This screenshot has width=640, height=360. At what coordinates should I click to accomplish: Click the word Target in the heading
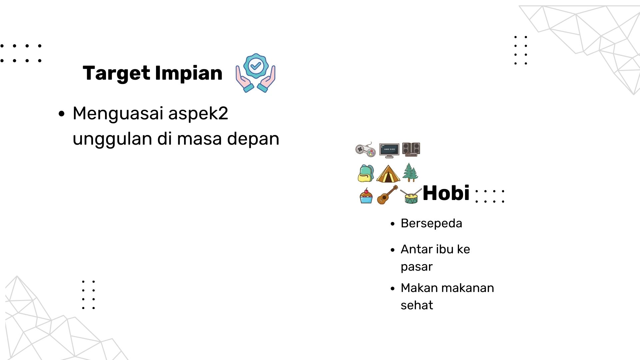[116, 74]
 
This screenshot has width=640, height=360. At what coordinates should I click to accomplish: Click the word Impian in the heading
[189, 73]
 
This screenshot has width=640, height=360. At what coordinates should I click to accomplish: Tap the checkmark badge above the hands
[256, 66]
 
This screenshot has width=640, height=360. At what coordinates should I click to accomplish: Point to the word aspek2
[198, 114]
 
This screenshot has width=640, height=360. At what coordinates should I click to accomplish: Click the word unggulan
[112, 139]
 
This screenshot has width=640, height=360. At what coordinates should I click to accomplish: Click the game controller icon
[366, 150]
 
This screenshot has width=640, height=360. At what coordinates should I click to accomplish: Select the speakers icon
[411, 149]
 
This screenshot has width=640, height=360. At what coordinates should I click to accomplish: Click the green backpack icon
[366, 173]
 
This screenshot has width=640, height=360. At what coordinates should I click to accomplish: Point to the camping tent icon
[388, 174]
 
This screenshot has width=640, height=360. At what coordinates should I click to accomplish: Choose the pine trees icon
[410, 172]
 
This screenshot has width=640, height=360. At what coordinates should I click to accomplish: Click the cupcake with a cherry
[366, 196]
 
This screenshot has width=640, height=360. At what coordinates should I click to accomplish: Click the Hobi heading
[446, 193]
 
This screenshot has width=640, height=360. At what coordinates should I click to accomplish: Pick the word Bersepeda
[431, 223]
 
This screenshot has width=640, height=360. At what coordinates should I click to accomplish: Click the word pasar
[417, 267]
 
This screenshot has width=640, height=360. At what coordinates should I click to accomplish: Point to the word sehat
[417, 305]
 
